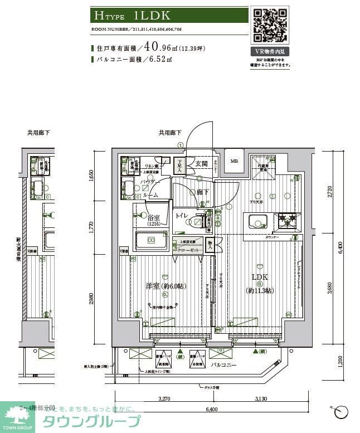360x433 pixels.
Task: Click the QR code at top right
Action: click(270, 25)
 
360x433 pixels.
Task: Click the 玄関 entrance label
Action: click(202, 163)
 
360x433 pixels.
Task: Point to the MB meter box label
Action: click(235, 161)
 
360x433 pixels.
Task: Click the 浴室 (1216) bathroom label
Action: click(154, 220)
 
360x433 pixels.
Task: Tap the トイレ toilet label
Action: click(182, 216)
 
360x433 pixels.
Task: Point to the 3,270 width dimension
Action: click(163, 399)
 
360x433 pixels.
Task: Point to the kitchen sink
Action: click(257, 221)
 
